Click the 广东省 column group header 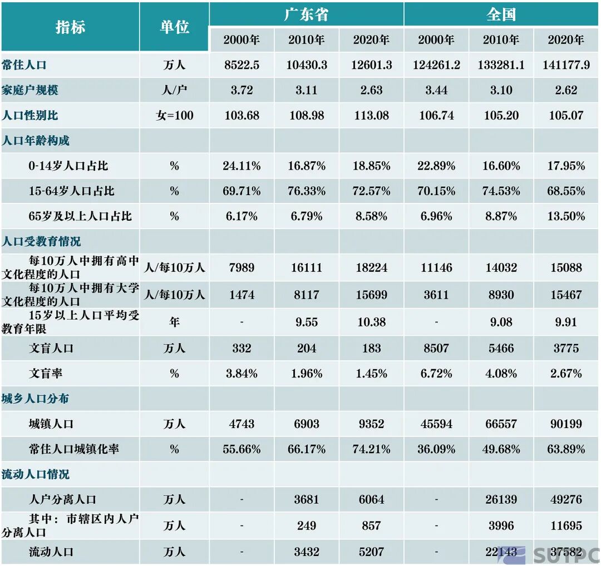tap(306, 14)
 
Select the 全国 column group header tap(501, 14)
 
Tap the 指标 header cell tap(70, 27)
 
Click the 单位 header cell tap(174, 27)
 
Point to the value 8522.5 tap(242, 65)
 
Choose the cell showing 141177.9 tap(566, 65)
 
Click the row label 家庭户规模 tap(30, 90)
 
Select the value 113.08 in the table tap(371, 116)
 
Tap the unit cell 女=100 tap(174, 116)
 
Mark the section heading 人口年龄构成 tap(36, 141)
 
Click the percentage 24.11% tap(242, 166)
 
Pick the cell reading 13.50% tap(566, 216)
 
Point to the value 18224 tap(371, 267)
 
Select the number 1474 tap(242, 295)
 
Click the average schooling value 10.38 tap(371, 322)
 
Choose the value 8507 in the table tap(436, 349)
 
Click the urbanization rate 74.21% tap(371, 449)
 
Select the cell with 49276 tap(566, 499)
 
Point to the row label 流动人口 tap(51, 552)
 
